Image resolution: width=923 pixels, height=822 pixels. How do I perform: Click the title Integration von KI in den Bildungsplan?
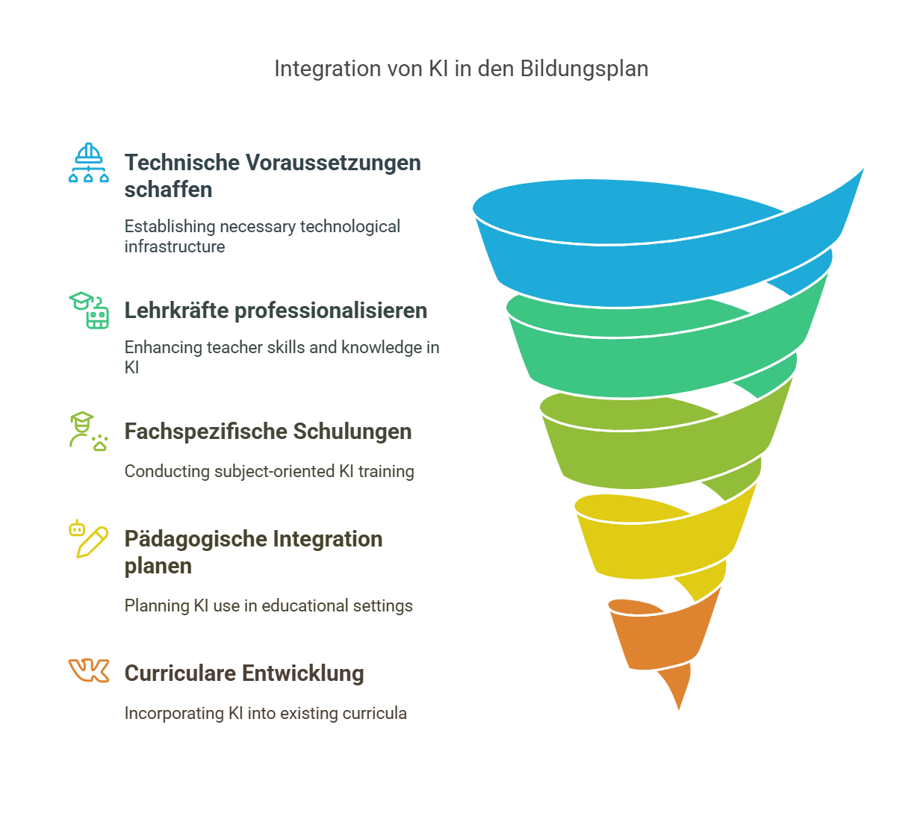coord(461,69)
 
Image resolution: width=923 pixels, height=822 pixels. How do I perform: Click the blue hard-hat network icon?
coord(89,163)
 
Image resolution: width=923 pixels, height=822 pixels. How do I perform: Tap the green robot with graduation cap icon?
coord(90,310)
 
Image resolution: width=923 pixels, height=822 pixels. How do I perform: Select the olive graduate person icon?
coord(87,431)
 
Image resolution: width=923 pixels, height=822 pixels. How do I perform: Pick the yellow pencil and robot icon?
coord(89,539)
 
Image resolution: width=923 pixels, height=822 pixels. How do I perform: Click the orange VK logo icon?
coord(89,670)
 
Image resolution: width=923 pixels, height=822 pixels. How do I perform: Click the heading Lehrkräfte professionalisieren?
coord(276,311)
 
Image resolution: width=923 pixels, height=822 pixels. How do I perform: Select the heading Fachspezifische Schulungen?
coord(268,432)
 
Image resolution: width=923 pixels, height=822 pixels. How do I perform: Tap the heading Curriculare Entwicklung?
coord(244,673)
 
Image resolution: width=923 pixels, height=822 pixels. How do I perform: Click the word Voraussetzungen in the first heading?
coord(344,163)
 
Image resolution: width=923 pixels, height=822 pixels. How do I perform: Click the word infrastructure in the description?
coord(175,247)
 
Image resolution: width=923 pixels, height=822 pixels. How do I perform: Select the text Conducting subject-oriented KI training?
coord(269,471)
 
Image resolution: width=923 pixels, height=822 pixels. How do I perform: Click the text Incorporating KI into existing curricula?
coord(266,713)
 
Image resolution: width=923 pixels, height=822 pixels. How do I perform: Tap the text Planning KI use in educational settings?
coord(269,605)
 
